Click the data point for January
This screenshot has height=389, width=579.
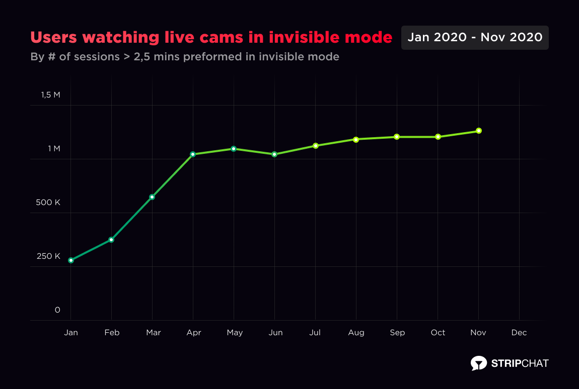[x=71, y=260]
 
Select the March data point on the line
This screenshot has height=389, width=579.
[x=152, y=197]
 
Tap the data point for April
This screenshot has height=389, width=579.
[x=193, y=154]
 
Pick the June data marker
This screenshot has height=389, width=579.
[x=274, y=154]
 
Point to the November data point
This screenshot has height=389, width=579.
[x=479, y=131]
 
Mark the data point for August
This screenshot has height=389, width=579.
[x=356, y=139]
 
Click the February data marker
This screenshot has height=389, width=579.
[x=111, y=240]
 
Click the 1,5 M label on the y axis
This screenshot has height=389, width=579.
[x=50, y=95]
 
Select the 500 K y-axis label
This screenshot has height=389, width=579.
[x=48, y=203]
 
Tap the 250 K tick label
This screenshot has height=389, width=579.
[x=48, y=256]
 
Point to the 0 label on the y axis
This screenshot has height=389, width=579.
[x=57, y=310]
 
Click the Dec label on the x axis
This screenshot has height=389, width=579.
[x=519, y=333]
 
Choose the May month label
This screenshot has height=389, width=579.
[x=234, y=333]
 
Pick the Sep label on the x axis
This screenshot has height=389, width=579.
[x=397, y=333]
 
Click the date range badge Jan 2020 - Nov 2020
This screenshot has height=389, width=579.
[x=475, y=38]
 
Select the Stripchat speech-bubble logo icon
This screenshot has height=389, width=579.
[x=478, y=363]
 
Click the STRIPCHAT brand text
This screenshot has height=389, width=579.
[x=520, y=363]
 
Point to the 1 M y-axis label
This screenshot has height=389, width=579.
[x=54, y=149]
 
